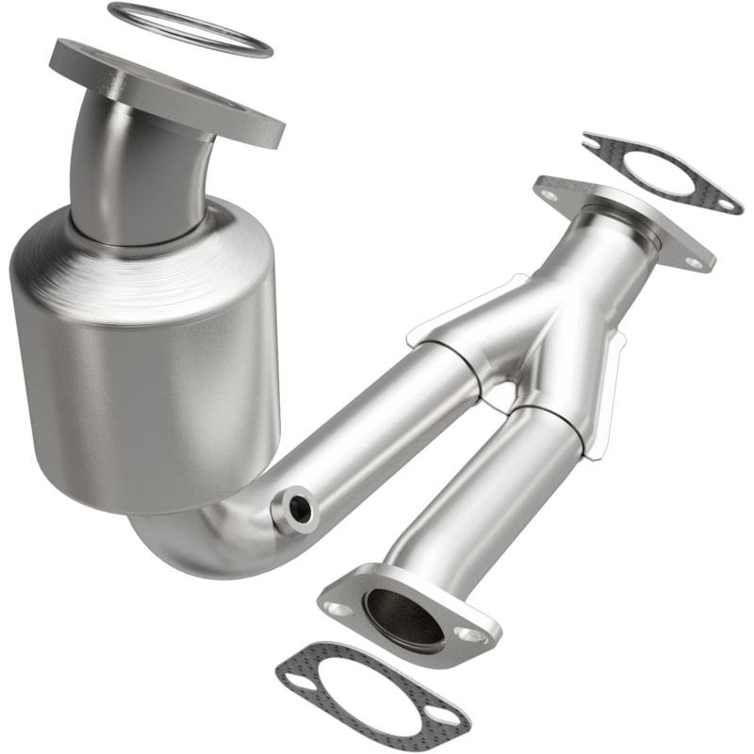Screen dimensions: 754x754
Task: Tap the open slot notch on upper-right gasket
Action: coord(593,144)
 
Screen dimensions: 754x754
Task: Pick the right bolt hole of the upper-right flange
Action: coord(695,262)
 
